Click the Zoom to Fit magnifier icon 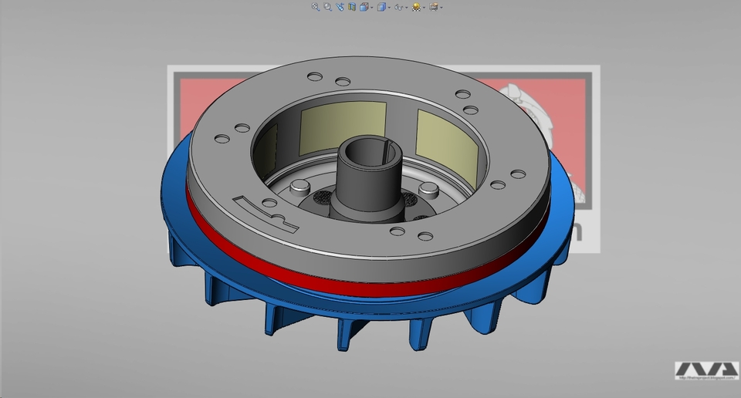[315, 7]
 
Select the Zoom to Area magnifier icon [327, 7]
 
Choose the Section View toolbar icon [352, 7]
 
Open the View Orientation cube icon [364, 7]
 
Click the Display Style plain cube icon [381, 7]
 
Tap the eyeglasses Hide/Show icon [398, 7]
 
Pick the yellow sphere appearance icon [416, 7]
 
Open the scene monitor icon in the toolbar [434, 7]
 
